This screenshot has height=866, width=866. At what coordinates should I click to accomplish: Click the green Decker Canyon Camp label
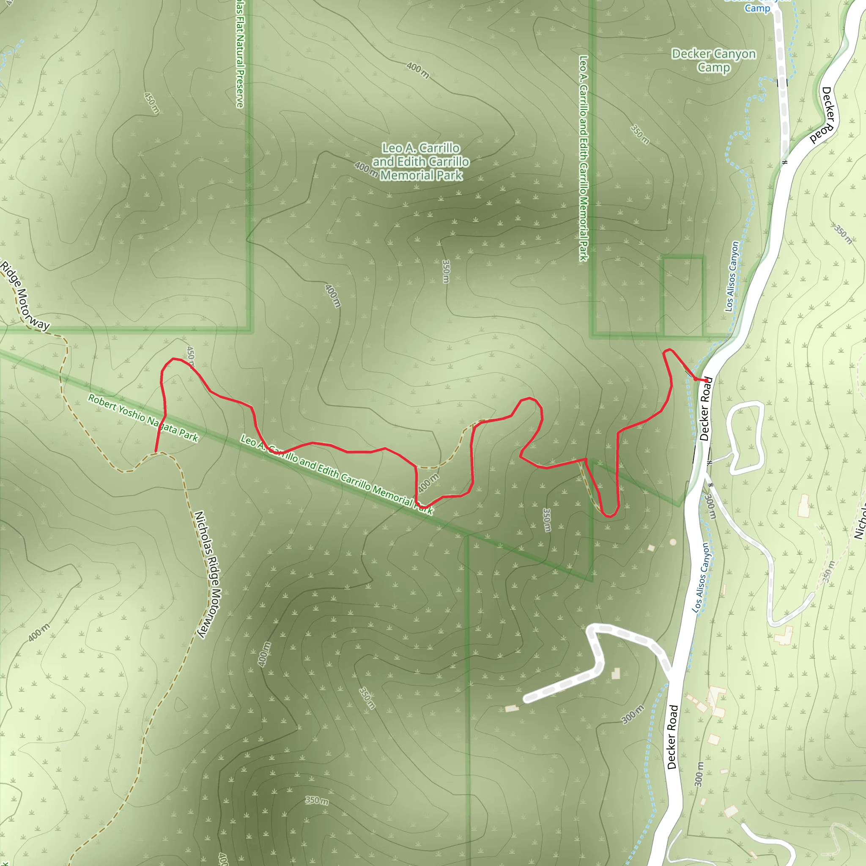coord(714,60)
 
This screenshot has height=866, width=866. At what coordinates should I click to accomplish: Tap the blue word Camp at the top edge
coord(757,8)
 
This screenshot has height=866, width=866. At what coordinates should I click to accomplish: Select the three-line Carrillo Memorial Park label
coord(421,162)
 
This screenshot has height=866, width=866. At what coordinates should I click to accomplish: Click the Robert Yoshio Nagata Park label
coord(143,418)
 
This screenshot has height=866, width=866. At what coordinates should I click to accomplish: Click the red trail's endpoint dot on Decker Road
coord(707,380)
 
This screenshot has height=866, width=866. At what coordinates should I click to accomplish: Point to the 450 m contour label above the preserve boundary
coord(151,103)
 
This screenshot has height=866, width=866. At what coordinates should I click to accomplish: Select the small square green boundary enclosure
coord(682,296)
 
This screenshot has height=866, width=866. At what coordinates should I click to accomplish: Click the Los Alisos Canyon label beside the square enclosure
coord(732,277)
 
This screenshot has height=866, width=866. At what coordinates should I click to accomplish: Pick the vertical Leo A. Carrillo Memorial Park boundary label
coord(583,158)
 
